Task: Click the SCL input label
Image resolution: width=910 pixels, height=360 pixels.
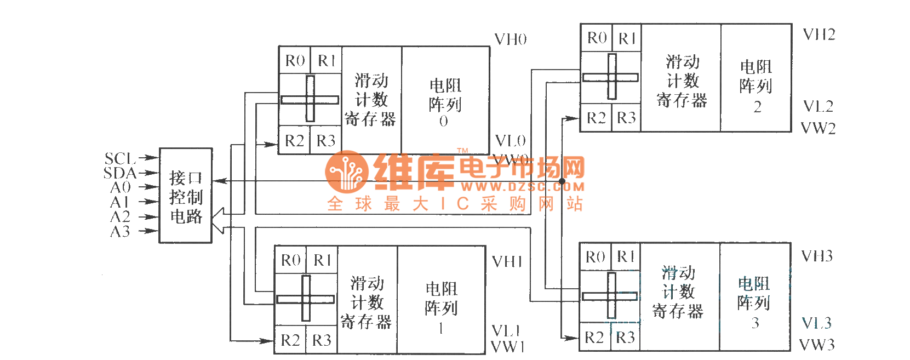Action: click(119, 158)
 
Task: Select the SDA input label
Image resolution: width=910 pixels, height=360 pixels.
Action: click(119, 173)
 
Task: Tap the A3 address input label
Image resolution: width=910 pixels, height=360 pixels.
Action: click(120, 232)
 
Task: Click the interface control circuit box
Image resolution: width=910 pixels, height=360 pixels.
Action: click(185, 196)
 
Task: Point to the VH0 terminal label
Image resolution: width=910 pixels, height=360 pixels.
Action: click(510, 39)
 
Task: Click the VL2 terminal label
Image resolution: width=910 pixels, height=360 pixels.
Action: click(818, 106)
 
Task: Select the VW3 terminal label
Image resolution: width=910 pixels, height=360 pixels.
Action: click(817, 345)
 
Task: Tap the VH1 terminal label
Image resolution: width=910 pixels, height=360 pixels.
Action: click(507, 261)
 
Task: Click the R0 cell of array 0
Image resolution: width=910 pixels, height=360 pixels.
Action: click(295, 60)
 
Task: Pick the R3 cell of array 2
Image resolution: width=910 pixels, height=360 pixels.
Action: click(626, 118)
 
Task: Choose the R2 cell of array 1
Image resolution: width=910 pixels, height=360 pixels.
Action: click(290, 340)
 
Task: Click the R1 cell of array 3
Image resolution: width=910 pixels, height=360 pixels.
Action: click(625, 256)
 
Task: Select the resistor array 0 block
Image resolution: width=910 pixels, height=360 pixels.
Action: click(445, 101)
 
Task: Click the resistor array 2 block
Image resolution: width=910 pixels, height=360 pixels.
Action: click(756, 78)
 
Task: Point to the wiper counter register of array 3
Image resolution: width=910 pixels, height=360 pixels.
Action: click(678, 292)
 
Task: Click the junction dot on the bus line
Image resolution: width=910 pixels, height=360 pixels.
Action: click(562, 181)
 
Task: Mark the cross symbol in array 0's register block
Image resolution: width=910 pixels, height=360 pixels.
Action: click(310, 99)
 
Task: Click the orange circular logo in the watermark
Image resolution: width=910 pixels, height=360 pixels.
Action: click(346, 172)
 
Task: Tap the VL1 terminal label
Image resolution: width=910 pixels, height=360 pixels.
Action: click(506, 331)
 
